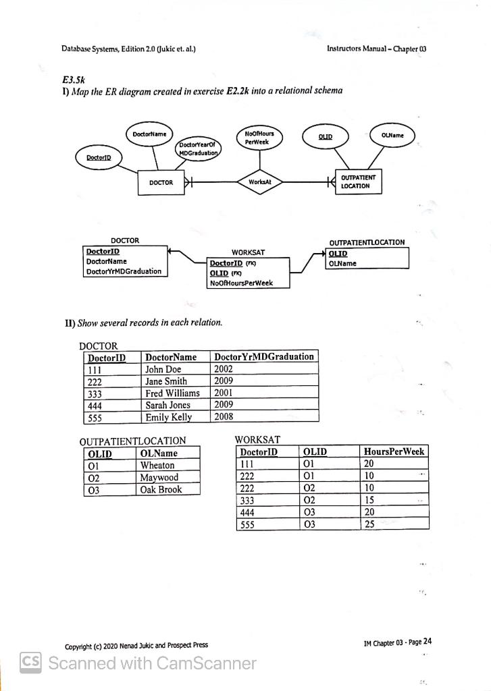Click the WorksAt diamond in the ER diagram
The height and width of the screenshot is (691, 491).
tap(259, 182)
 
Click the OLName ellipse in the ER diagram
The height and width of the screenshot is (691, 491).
tap(392, 136)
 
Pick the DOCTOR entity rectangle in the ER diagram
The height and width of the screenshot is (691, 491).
tap(161, 182)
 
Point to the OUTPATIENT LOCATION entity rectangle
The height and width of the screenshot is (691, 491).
tap(359, 182)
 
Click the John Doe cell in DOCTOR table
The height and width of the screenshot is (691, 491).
tap(163, 369)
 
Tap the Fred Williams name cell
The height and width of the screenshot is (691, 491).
tap(173, 393)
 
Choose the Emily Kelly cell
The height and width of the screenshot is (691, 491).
tap(169, 417)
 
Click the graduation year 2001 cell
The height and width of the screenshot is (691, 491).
tap(224, 393)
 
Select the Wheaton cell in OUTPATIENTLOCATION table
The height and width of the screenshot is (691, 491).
tap(157, 465)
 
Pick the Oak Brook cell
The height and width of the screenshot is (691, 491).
tap(161, 489)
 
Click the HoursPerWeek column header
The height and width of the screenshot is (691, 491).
tap(394, 451)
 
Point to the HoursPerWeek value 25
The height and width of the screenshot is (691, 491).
tap(369, 524)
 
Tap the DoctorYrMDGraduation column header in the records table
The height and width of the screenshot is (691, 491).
tap(263, 356)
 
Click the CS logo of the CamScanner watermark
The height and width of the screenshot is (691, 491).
tap(32, 663)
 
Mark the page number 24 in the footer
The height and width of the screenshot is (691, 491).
tap(427, 642)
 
